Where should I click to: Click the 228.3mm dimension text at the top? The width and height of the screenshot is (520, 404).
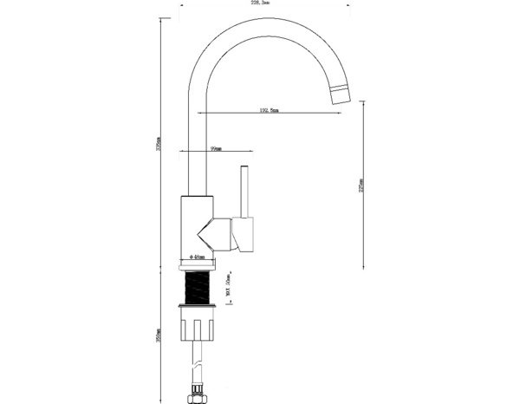pyautogui.click(x=260, y=3)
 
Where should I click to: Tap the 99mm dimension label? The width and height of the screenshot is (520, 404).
pyautogui.click(x=216, y=149)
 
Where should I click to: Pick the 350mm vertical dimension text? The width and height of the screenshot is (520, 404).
pyautogui.click(x=159, y=334)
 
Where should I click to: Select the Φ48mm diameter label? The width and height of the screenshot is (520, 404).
pyautogui.click(x=198, y=257)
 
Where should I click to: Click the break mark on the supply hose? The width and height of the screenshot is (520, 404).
pyautogui.click(x=198, y=365)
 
